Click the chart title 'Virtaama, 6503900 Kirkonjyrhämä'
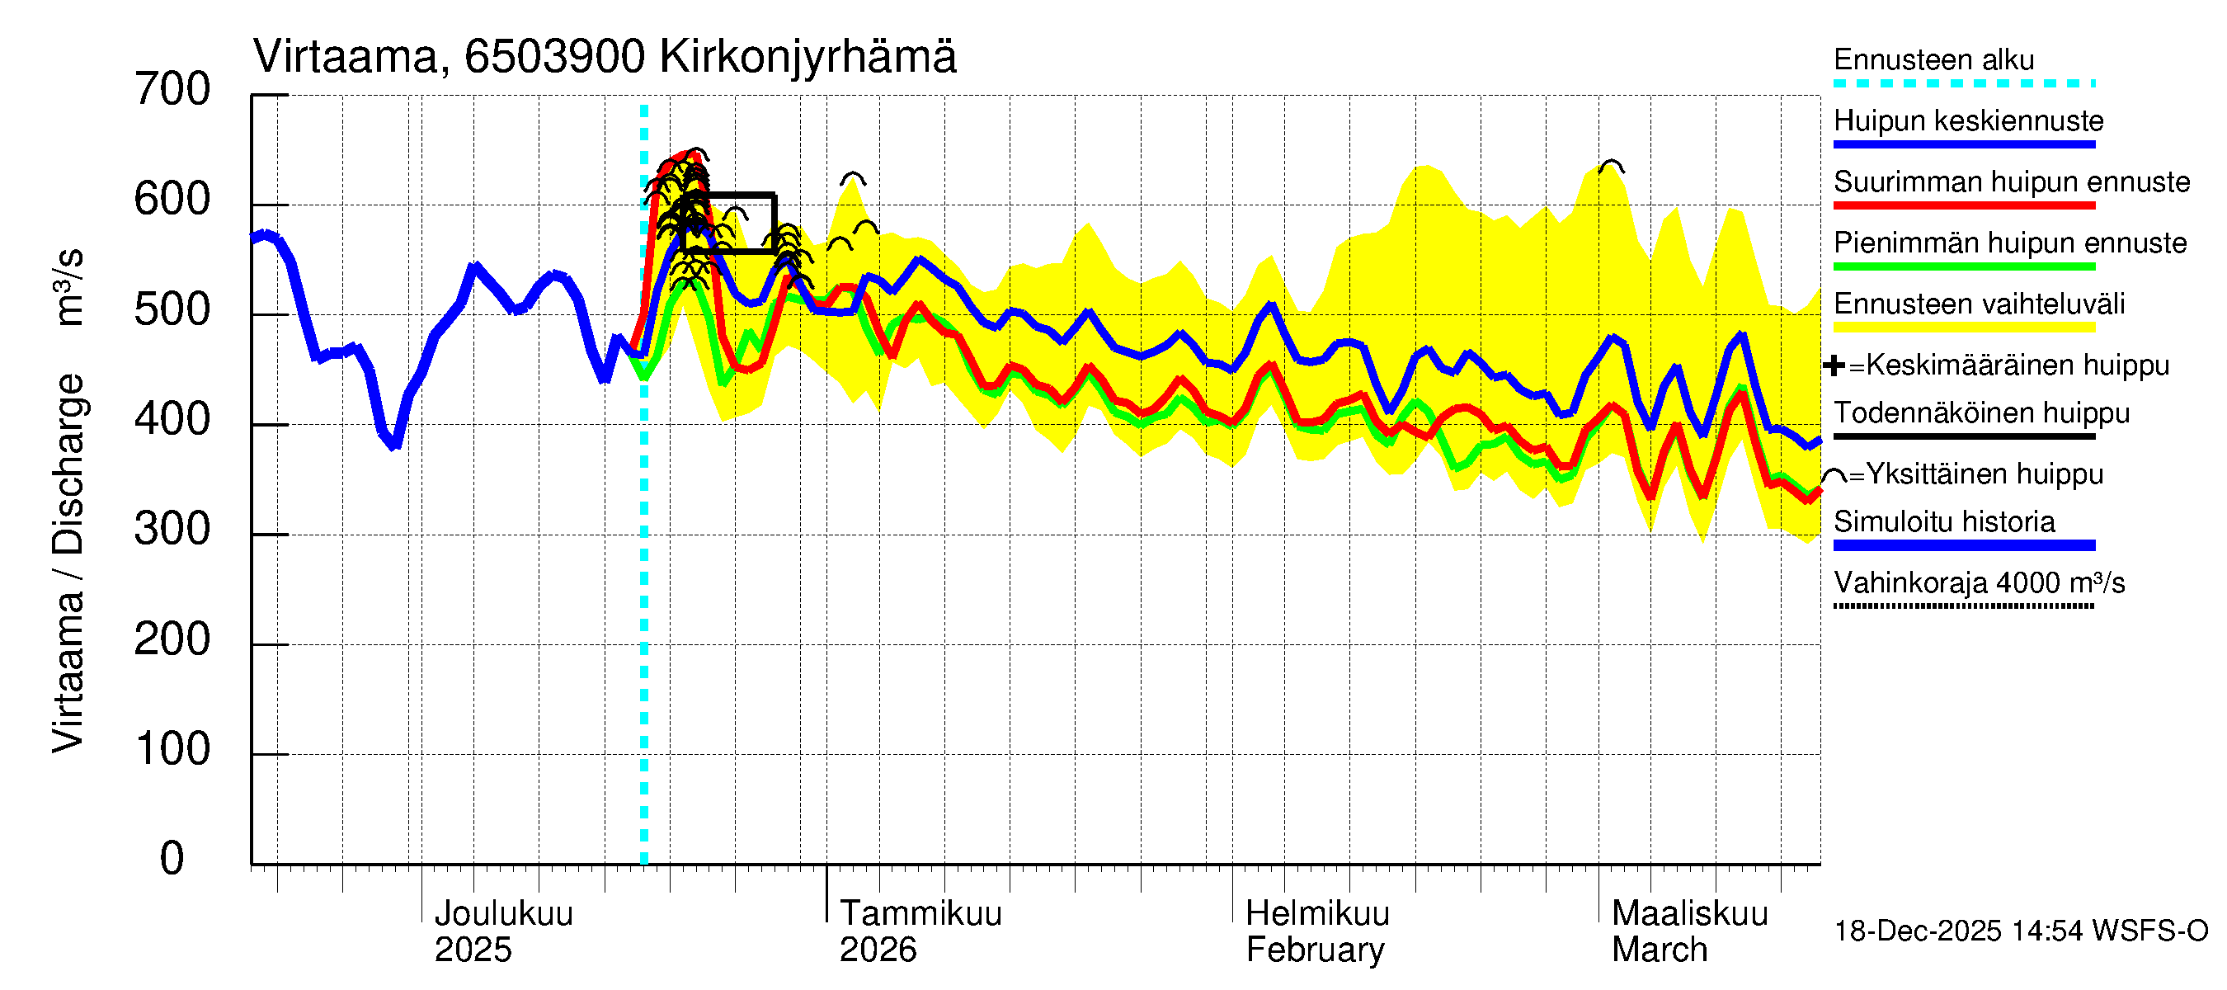click(x=605, y=57)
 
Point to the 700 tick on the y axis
click(x=172, y=90)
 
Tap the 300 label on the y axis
click(x=172, y=529)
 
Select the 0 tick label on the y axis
click(x=172, y=859)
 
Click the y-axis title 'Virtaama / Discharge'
click(x=68, y=562)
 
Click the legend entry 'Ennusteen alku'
click(x=1933, y=60)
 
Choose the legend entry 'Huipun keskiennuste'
click(x=1968, y=121)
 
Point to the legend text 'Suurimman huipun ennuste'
click(x=2011, y=182)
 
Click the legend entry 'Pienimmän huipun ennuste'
click(x=2009, y=243)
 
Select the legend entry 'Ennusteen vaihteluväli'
click(x=1978, y=304)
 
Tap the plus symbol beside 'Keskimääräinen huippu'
click(x=1834, y=365)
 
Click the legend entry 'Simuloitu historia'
click(x=1943, y=522)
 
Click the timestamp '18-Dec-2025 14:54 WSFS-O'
click(x=2020, y=931)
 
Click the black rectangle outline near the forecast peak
click(x=728, y=223)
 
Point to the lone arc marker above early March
click(x=1611, y=166)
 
